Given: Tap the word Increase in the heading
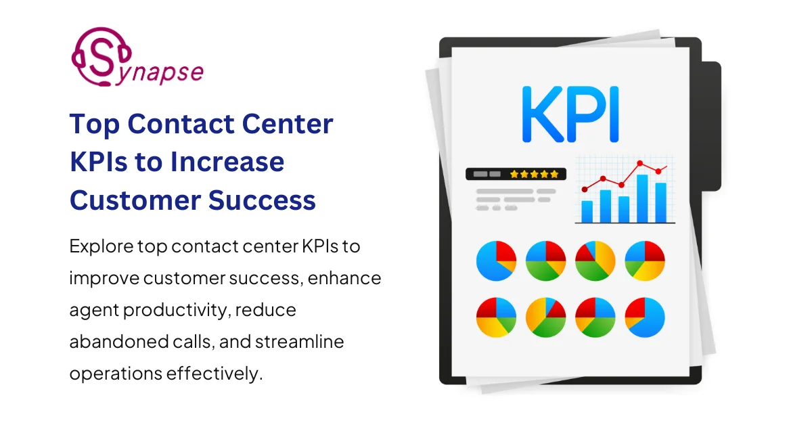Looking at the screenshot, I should coord(229,162).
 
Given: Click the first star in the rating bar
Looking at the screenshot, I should coord(514,174).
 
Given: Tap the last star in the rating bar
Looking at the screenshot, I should coord(556,174).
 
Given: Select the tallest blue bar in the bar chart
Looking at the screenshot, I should coord(642,198).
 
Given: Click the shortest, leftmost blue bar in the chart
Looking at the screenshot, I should coord(587,211).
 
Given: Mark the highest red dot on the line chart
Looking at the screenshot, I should coord(640,163).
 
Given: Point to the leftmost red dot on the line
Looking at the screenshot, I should coord(585,189).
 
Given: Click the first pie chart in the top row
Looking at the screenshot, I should coord(496,261).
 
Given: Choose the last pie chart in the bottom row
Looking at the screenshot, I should coord(644,317).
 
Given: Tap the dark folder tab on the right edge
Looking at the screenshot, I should coord(711,125).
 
